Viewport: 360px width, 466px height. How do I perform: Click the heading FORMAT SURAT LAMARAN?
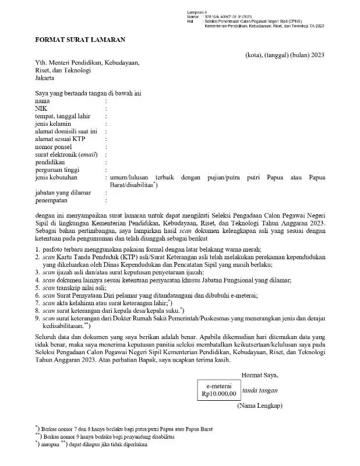(80, 40)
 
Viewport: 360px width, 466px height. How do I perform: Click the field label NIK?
(40, 108)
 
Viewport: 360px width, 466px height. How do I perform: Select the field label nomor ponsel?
(54, 147)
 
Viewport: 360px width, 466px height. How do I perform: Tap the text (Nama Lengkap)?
(259, 405)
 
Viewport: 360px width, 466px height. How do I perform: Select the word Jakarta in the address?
(45, 78)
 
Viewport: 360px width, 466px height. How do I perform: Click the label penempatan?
(52, 199)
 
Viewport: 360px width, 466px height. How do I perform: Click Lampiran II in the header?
(197, 12)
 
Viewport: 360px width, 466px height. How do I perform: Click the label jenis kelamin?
(53, 123)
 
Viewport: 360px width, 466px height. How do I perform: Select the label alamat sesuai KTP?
(59, 139)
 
